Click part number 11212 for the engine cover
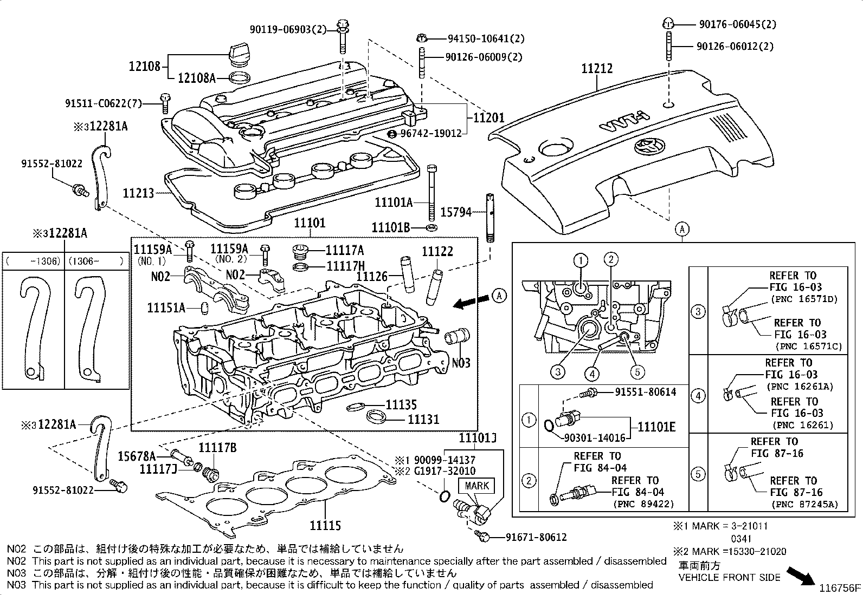(597, 69)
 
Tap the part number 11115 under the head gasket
(325, 525)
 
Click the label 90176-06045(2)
(737, 24)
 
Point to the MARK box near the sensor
(477, 486)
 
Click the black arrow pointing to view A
(469, 302)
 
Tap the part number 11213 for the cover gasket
(138, 193)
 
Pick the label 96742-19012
(431, 133)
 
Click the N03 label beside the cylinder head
(461, 363)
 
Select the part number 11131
(423, 419)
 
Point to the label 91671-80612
(536, 537)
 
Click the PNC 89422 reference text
(643, 504)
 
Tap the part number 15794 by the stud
(455, 213)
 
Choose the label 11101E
(656, 427)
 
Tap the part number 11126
(372, 276)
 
